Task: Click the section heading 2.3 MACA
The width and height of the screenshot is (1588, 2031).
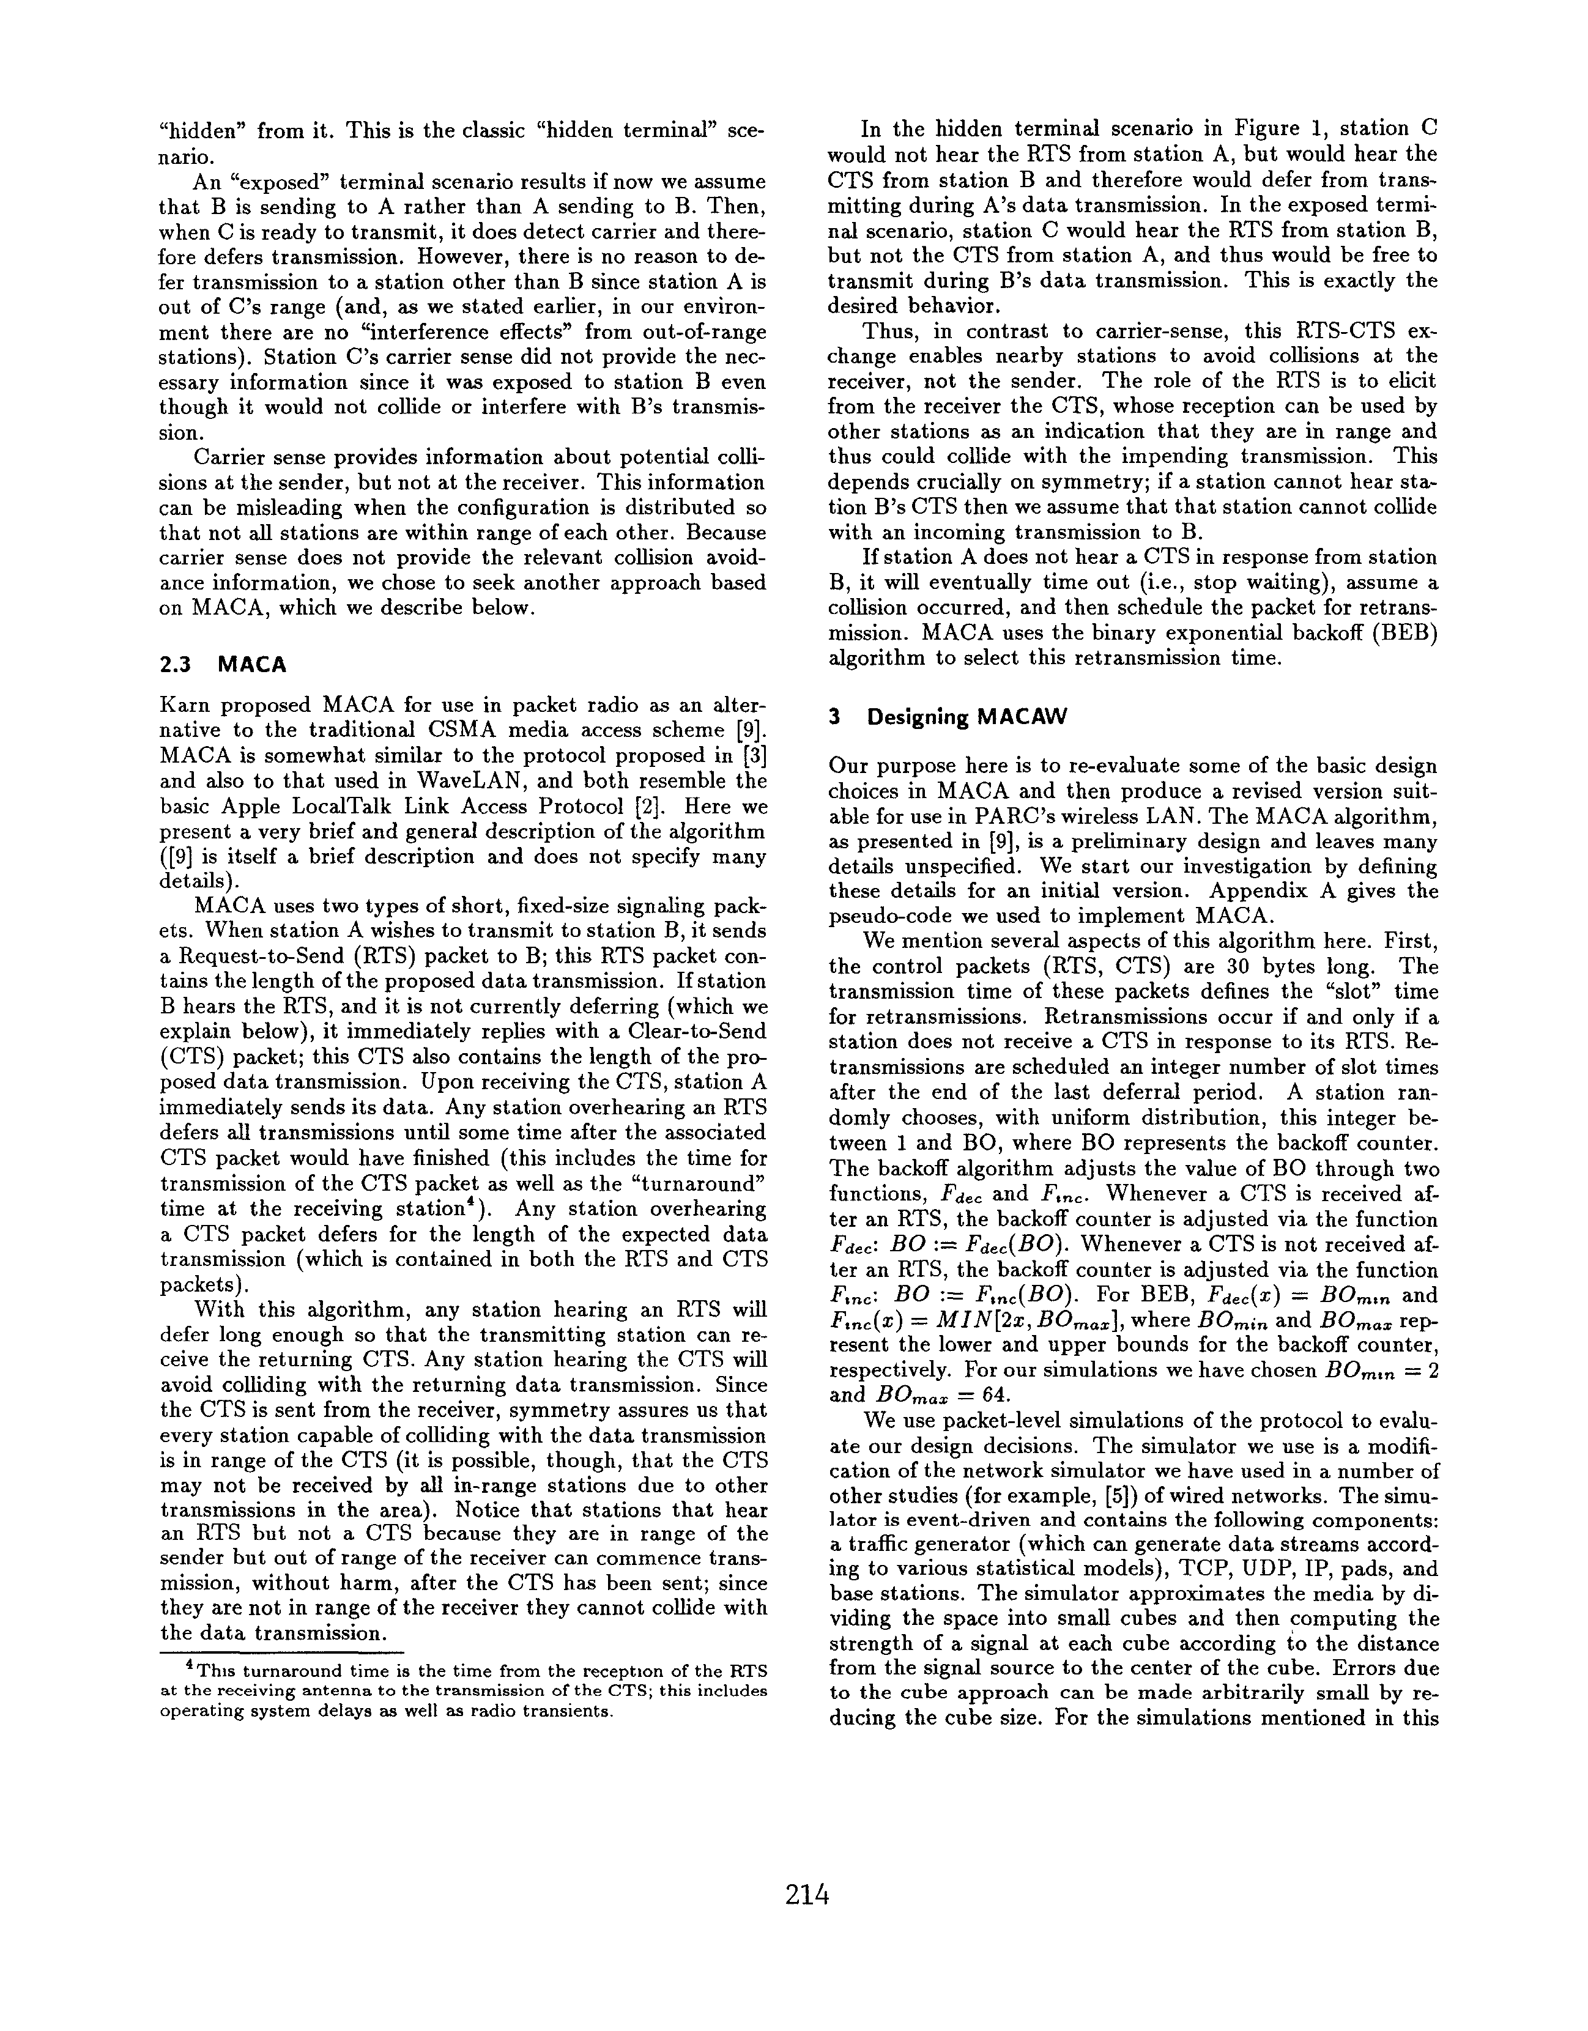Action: pos(222,664)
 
